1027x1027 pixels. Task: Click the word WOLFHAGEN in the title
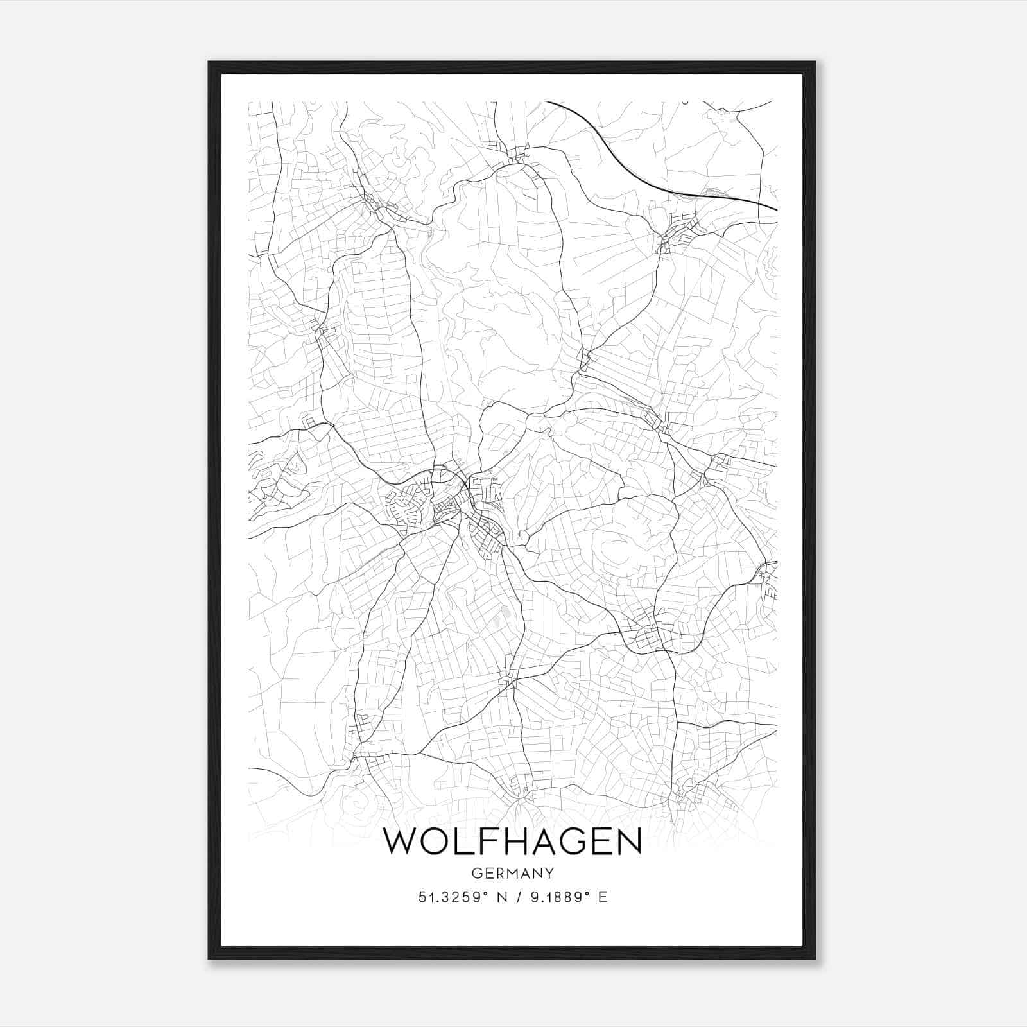click(512, 841)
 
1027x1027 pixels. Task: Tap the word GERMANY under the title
click(512, 873)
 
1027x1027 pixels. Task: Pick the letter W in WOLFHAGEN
click(401, 841)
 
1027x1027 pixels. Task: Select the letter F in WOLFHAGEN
click(483, 841)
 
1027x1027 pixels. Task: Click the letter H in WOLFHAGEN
click(512, 841)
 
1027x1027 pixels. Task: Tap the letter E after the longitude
click(602, 897)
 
